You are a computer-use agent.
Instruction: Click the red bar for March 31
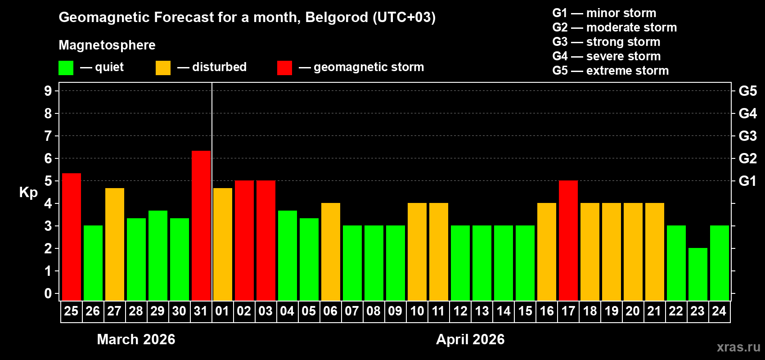point(201,225)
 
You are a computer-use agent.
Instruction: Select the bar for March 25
point(72,236)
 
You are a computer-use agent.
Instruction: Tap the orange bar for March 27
point(115,244)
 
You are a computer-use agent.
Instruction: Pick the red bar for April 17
point(568,240)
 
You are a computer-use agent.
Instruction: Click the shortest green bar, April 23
point(698,274)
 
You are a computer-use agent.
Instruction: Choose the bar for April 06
point(331,252)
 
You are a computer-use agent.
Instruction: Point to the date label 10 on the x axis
point(417,311)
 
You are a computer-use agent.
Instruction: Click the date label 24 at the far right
point(719,311)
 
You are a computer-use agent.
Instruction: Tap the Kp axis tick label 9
point(48,91)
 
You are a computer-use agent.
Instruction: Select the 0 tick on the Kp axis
point(48,293)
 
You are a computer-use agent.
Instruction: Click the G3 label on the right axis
point(747,136)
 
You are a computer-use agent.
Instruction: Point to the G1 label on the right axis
point(747,181)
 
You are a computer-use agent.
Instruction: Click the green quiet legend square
point(66,68)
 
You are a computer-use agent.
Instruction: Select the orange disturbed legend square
point(163,68)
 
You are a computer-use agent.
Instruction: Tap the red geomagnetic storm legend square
point(284,68)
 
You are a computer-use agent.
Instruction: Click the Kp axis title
point(28,193)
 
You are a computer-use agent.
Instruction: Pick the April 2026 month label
point(470,339)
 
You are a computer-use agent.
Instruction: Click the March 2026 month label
point(136,339)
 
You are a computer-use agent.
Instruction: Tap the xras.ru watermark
point(738,347)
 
